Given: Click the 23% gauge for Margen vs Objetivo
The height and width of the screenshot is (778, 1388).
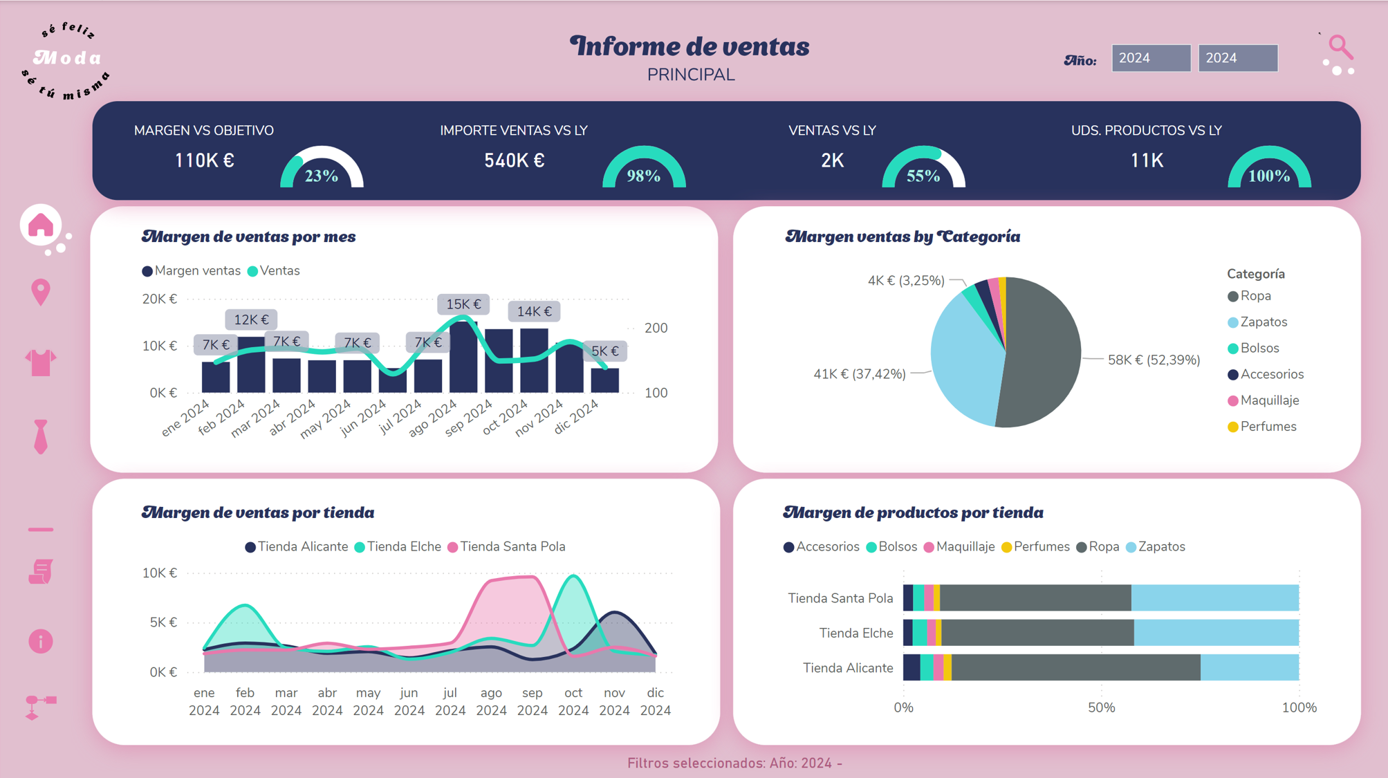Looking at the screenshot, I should click(322, 168).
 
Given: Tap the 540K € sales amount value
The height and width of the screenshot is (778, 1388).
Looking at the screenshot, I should click(514, 160).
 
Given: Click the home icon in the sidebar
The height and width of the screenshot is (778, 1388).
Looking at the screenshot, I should click(41, 225).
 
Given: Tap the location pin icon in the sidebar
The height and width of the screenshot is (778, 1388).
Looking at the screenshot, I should click(41, 292).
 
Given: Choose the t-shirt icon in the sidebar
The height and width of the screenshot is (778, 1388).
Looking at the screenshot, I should click(41, 362).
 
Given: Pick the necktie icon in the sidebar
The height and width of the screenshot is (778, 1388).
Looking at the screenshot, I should click(41, 436).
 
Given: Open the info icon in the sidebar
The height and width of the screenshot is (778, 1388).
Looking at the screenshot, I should click(41, 642).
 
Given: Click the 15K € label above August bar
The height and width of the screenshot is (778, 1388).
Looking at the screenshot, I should click(463, 304).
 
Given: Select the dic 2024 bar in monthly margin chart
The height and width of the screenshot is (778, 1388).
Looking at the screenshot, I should click(605, 380).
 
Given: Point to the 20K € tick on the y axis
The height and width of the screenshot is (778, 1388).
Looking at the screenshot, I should click(160, 299).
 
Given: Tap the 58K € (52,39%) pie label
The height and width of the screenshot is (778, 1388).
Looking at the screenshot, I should click(1154, 360).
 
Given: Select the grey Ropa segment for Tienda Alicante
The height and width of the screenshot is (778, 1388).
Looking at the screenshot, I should click(1075, 667).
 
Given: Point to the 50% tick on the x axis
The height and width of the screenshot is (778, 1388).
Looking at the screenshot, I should click(1101, 707).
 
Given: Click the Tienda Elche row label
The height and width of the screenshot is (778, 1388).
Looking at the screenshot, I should click(855, 633).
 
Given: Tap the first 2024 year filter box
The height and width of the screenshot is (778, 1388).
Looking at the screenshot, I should click(1151, 58).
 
